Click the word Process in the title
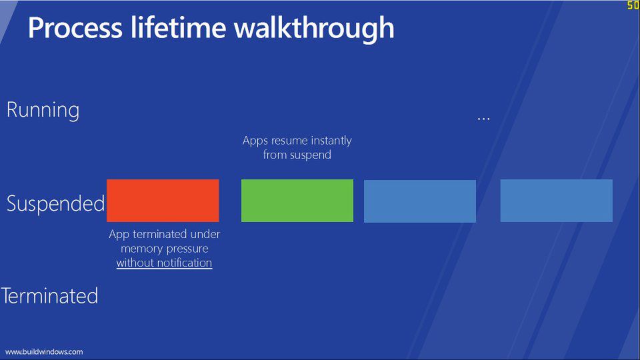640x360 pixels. tap(75, 28)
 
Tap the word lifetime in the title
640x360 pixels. tap(180, 28)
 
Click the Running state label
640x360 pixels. tap(43, 110)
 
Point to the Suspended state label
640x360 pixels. tap(56, 203)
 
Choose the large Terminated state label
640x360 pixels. tap(50, 295)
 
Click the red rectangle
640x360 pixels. tap(163, 200)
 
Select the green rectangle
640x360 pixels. tap(297, 200)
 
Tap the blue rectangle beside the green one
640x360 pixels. tap(419, 201)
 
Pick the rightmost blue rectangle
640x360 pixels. tap(556, 200)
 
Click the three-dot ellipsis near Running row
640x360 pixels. tap(484, 119)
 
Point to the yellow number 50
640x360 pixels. tap(633, 5)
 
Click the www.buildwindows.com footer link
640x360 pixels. tap(44, 351)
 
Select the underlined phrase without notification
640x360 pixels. tap(164, 263)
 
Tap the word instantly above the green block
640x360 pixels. tap(327, 141)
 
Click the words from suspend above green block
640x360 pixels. tap(297, 155)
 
